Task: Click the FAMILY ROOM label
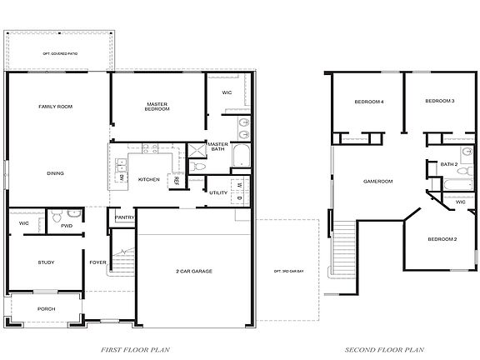click(x=56, y=107)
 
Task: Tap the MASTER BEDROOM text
click(x=158, y=107)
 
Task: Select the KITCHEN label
click(x=148, y=179)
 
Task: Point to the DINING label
click(x=56, y=173)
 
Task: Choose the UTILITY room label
click(x=218, y=192)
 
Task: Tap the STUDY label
click(x=46, y=262)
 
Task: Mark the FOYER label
click(x=97, y=262)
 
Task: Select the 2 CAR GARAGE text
click(x=193, y=272)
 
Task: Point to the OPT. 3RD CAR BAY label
click(x=287, y=272)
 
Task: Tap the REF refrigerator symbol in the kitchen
click(x=176, y=180)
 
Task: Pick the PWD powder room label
click(x=67, y=224)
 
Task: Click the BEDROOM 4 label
click(x=369, y=102)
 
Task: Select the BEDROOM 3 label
click(x=439, y=102)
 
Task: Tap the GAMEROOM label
click(x=377, y=181)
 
